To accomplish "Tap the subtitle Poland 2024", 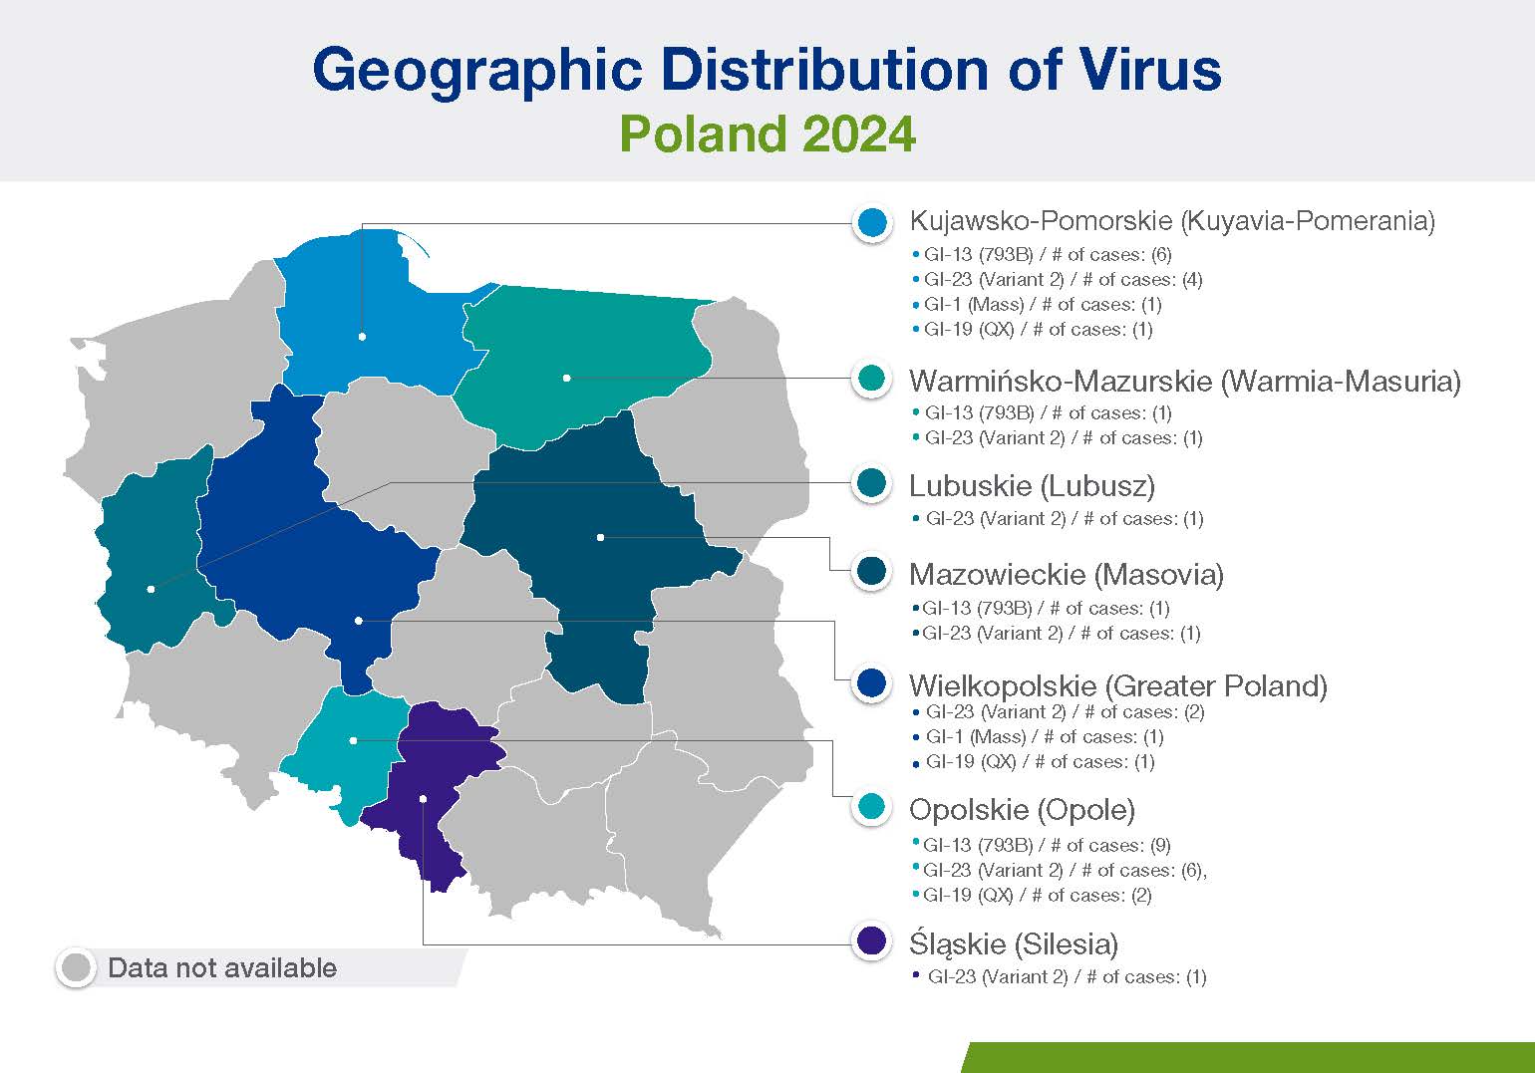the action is [x=767, y=134].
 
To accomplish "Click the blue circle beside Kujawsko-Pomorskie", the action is [x=872, y=222].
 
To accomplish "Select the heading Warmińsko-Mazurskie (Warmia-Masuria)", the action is [x=1185, y=381].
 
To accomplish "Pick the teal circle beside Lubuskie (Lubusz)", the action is [x=871, y=483].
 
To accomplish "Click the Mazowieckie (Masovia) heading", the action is [x=1067, y=575].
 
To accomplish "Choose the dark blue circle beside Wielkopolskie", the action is [x=871, y=683].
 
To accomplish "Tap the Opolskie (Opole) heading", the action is [x=1022, y=810].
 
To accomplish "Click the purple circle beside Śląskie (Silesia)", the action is [x=871, y=940].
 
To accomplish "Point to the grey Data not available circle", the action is [x=76, y=967].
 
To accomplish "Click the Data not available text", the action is [x=222, y=967].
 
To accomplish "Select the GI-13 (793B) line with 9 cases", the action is [x=1042, y=845].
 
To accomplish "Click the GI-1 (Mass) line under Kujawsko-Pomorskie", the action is [x=1038, y=304].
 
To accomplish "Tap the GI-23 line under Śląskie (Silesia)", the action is [x=1060, y=976].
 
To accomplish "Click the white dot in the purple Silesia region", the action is [x=423, y=799].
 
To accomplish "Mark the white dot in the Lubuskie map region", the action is [x=151, y=589].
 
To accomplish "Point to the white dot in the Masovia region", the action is [x=600, y=538].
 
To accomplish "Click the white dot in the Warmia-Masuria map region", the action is [x=566, y=378].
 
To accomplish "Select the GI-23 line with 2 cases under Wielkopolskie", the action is [x=1059, y=712].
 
